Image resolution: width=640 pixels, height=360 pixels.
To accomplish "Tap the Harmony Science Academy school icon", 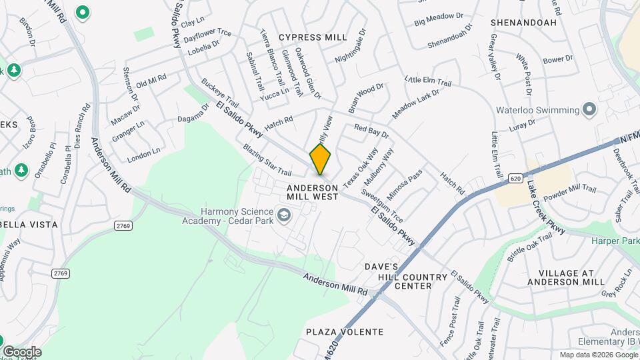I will pos(285,214).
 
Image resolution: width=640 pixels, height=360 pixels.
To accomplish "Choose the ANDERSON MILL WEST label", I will pos(313,192).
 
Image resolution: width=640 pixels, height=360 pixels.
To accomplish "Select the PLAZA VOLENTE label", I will pos(345,331).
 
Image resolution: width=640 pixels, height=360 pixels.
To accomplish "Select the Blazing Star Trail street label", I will pos(267,160).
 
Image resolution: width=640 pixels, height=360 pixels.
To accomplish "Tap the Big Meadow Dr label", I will pos(438,23).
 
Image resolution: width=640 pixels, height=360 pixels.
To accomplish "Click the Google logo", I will pos(21,351).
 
